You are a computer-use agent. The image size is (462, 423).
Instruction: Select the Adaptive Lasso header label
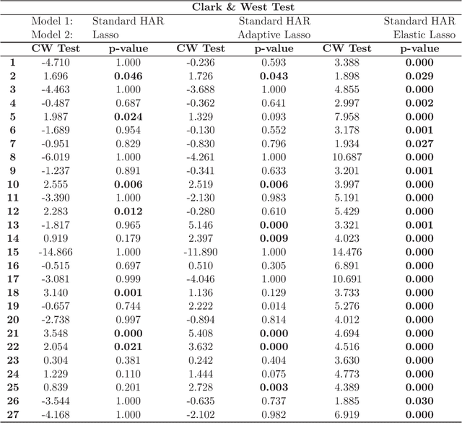pyautogui.click(x=274, y=35)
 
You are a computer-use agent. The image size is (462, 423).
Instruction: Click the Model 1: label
pyautogui.click(x=52, y=22)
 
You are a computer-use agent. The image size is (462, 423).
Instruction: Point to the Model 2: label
pyautogui.click(x=52, y=35)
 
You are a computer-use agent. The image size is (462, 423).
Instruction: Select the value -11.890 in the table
pyautogui.click(x=201, y=251)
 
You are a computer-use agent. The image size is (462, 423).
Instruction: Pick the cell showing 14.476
pyautogui.click(x=346, y=251)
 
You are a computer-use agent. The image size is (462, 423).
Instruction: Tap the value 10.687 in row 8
pyautogui.click(x=346, y=157)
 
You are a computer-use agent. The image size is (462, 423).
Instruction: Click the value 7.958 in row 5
pyautogui.click(x=346, y=116)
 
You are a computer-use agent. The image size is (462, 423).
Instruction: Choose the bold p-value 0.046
pyautogui.click(x=128, y=76)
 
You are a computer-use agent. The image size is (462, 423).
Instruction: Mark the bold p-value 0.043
pyautogui.click(x=274, y=76)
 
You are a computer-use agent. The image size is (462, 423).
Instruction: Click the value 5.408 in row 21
pyautogui.click(x=201, y=333)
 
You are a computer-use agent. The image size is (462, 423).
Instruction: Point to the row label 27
pyautogui.click(x=12, y=414)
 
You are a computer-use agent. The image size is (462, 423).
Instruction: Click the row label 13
pyautogui.click(x=12, y=224)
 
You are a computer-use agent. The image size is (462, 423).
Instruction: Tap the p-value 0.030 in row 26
pyautogui.click(x=419, y=400)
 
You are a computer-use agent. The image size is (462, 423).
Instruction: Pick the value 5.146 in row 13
pyautogui.click(x=201, y=224)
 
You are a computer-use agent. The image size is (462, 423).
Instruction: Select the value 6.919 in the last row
pyautogui.click(x=346, y=414)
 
